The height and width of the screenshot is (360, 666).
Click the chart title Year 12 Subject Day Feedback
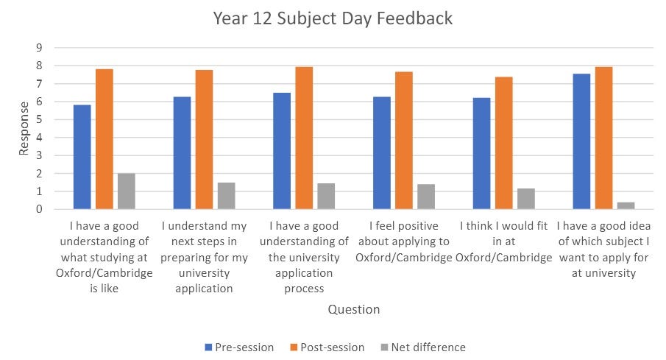pos(333,18)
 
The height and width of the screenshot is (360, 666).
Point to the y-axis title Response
pos(24,129)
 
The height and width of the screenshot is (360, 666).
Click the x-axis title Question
pos(354,309)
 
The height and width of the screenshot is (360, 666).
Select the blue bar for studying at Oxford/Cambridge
pos(82,157)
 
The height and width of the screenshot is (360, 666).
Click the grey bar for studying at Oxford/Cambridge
pos(126,191)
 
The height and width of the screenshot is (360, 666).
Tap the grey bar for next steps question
pos(226,196)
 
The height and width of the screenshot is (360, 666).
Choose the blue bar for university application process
pos(281,151)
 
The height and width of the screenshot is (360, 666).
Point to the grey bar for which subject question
pos(626,205)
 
